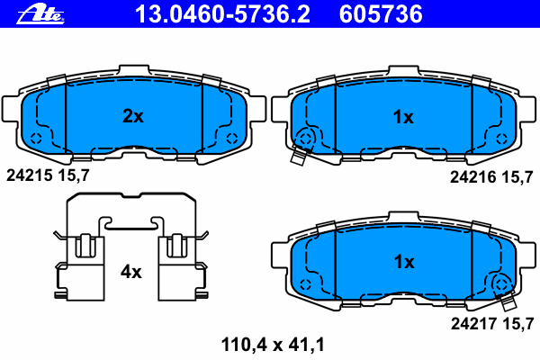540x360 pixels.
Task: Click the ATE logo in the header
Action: tap(40, 14)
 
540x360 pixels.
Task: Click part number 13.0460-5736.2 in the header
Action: tap(222, 14)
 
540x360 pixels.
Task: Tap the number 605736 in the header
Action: tap(381, 14)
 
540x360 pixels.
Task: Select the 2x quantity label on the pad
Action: tap(133, 116)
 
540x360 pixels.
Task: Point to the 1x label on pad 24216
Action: tap(403, 117)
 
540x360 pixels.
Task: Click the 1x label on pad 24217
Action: tap(404, 262)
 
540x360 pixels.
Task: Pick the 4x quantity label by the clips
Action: tap(130, 272)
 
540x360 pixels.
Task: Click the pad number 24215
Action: tap(30, 175)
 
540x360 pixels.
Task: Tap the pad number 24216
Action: tap(473, 177)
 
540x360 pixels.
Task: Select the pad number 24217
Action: tap(474, 323)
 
